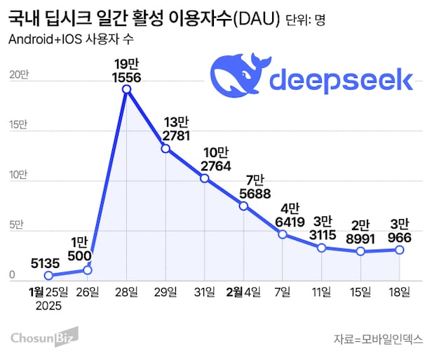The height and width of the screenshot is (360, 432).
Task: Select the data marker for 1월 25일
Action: (x=48, y=276)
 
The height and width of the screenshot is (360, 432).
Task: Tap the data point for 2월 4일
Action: (x=243, y=206)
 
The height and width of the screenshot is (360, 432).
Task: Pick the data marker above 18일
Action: (x=399, y=249)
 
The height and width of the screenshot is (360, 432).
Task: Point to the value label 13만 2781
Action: (x=166, y=128)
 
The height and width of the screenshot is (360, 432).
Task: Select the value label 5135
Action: (x=47, y=262)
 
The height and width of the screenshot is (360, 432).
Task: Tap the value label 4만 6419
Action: (x=283, y=216)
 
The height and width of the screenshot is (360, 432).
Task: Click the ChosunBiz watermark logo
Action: (x=43, y=339)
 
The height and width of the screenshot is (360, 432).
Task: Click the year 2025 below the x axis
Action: (x=48, y=306)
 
